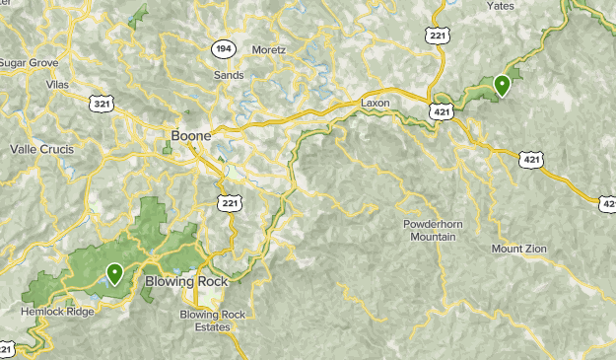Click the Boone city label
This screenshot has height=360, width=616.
tap(190, 135)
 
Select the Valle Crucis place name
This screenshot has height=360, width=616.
tap(41, 149)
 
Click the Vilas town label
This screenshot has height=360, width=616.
tap(59, 86)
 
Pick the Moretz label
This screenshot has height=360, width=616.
tap(268, 49)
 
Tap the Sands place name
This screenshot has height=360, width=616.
tap(229, 75)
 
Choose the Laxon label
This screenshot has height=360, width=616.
tap(376, 103)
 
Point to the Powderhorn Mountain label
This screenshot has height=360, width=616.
tap(430, 231)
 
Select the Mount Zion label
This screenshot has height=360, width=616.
tap(519, 249)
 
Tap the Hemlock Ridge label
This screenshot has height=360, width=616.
tap(57, 312)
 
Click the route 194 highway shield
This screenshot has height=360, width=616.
tap(222, 47)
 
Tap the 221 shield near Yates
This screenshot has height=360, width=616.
tap(439, 35)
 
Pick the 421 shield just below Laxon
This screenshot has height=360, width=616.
tap(441, 113)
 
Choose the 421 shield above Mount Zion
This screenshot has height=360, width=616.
tap(531, 158)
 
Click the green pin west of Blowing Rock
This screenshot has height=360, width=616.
tap(115, 273)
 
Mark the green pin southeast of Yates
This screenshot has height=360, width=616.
tap(503, 85)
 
